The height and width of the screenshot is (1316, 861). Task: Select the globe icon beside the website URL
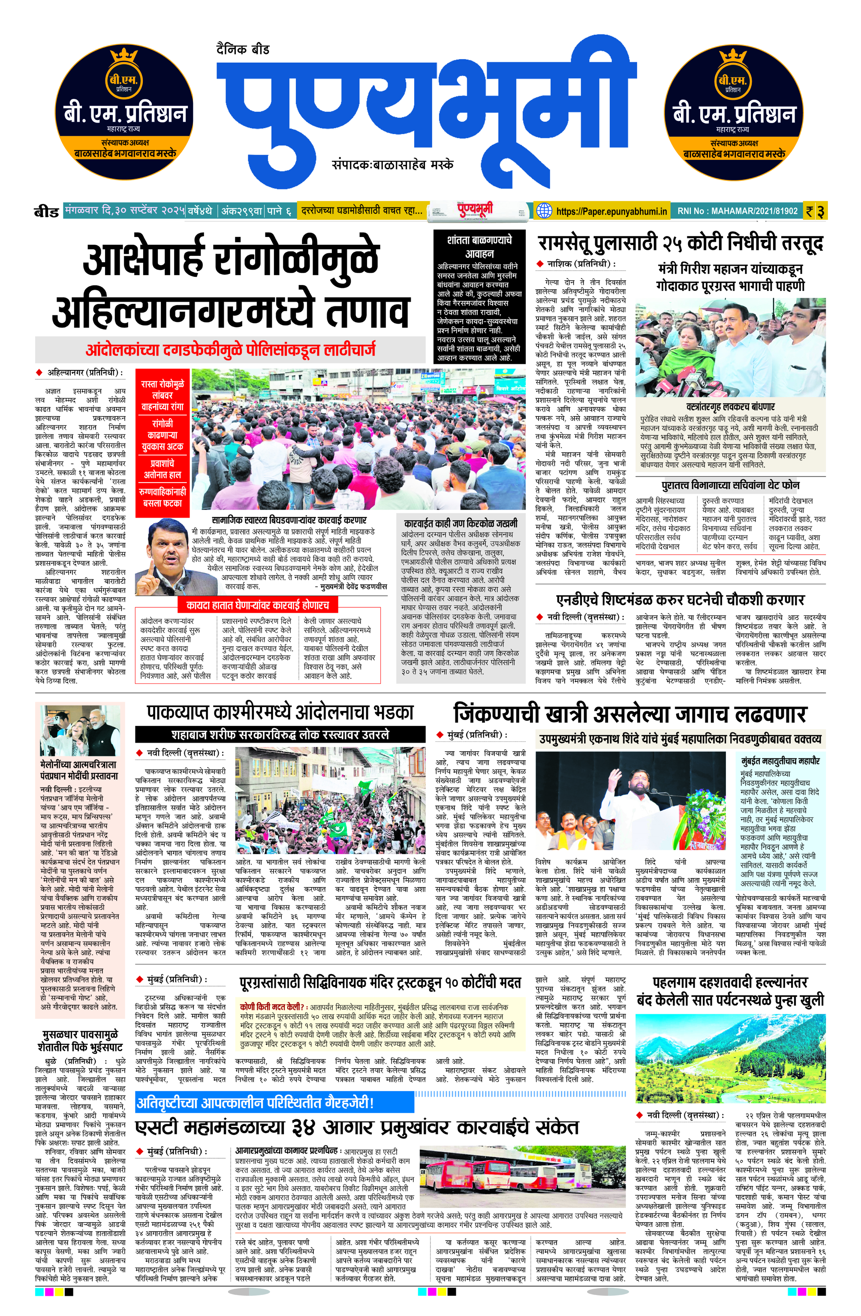click(x=545, y=211)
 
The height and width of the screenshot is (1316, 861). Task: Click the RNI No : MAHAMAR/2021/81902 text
click(x=737, y=211)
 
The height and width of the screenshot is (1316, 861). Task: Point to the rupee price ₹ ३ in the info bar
click(x=815, y=211)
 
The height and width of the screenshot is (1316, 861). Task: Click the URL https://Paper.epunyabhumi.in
click(x=611, y=211)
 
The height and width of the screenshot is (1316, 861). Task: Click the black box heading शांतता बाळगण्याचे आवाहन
click(x=479, y=246)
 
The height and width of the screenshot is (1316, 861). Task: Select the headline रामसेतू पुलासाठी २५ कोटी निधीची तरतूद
click(x=680, y=243)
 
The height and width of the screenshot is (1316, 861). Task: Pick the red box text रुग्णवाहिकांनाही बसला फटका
click(x=162, y=497)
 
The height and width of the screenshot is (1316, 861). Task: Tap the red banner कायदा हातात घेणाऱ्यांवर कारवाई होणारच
click(x=257, y=606)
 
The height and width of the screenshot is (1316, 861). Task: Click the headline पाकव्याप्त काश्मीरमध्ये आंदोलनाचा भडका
click(x=280, y=712)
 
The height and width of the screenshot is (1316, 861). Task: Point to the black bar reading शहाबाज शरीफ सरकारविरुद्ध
click(x=280, y=735)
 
